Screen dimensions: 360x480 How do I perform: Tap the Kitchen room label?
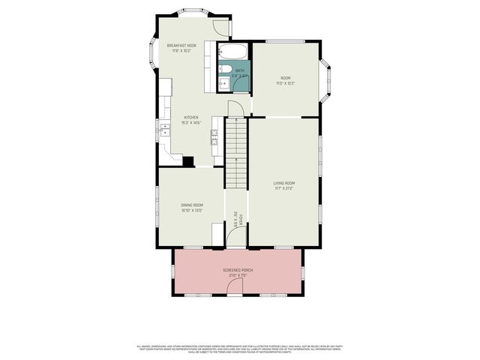[191, 118]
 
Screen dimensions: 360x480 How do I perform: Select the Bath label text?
[239, 71]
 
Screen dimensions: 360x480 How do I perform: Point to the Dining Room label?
[192, 205]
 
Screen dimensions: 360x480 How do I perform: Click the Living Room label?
[283, 183]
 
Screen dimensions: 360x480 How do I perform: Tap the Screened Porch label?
[238, 270]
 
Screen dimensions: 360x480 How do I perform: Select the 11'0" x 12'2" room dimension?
[285, 83]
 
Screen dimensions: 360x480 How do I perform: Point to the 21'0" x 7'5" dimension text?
[238, 275]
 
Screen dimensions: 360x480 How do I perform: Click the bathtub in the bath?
[232, 52]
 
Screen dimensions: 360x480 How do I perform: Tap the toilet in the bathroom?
[224, 71]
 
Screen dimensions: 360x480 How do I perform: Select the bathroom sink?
[223, 83]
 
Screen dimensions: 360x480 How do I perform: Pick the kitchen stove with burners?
[214, 135]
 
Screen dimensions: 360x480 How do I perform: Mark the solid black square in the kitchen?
[188, 161]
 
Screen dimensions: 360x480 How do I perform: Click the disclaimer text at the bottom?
[239, 349]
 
